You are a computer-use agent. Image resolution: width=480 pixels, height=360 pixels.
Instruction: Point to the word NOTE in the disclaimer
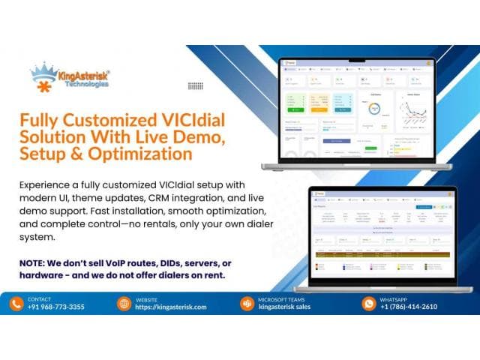(30, 264)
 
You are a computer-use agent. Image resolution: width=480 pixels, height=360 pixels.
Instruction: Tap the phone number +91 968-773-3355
(55, 307)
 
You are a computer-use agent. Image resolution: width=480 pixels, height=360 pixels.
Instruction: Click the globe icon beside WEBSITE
(124, 303)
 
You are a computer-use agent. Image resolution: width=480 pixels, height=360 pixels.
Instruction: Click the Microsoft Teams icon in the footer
(245, 303)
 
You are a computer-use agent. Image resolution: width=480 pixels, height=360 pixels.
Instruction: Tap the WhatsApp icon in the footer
(368, 303)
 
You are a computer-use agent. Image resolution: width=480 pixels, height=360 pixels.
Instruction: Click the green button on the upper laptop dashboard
(295, 110)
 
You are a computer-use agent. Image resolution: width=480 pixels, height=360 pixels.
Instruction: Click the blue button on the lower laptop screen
(424, 206)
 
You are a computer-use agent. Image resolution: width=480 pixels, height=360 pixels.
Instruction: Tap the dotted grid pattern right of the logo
(196, 85)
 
